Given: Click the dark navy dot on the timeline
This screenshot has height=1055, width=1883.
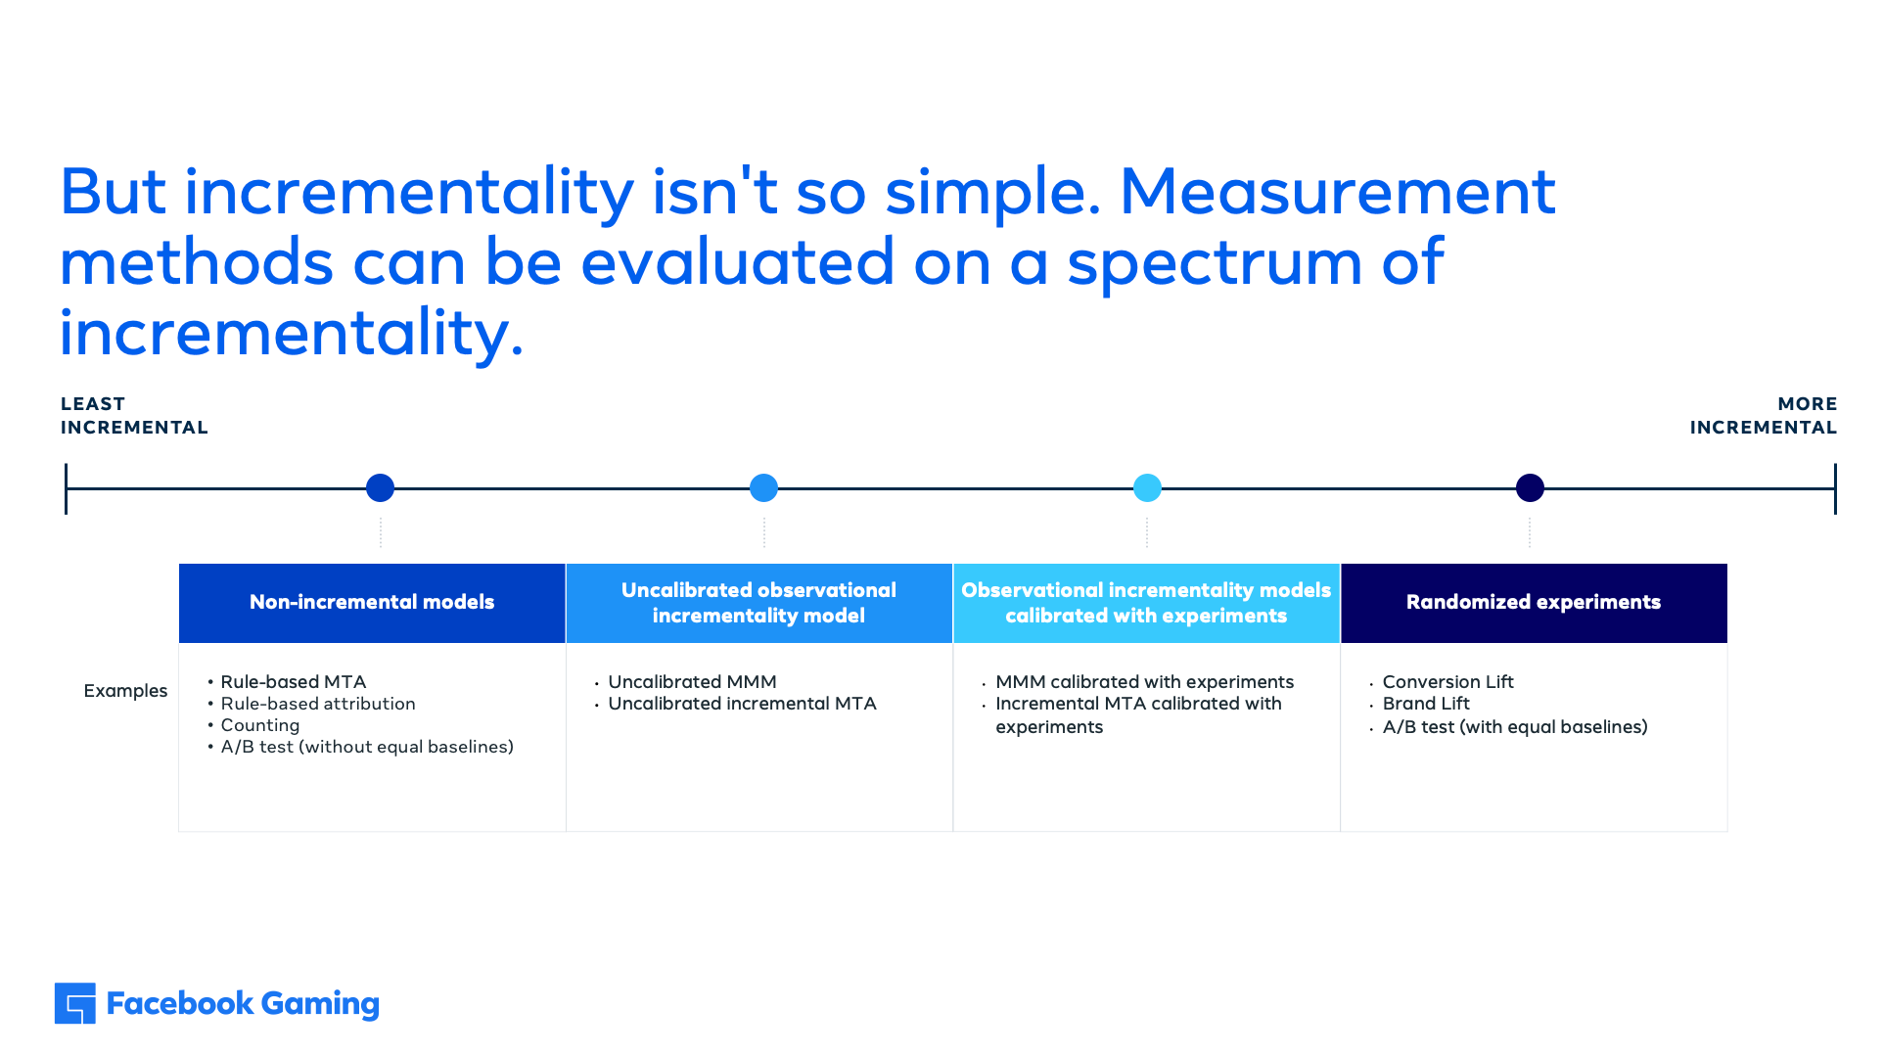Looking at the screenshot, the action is coord(1530,487).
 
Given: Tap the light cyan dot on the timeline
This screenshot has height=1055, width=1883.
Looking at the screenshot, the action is coord(1147,487).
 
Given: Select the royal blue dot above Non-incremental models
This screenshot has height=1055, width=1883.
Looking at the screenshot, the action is coord(380,487).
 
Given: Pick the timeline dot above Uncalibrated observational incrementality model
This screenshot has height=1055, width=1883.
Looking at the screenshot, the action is coord(763,487).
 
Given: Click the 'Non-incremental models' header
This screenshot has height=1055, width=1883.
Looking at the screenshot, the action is coord(372,603).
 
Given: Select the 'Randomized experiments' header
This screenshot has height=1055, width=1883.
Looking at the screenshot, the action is coord(1534,603).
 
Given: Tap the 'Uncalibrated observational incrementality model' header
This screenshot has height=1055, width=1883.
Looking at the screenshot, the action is coord(759,603).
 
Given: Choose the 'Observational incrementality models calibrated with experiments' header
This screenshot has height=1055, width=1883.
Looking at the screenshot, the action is coord(1146,603).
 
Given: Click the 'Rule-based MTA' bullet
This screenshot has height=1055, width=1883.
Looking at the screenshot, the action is coord(293,681).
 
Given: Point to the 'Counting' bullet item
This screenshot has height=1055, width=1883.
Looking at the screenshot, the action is coord(260,725).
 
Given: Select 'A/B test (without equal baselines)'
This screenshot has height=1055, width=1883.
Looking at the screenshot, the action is coord(367,747).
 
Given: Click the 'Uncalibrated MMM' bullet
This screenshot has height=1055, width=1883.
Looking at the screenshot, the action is coord(692,681).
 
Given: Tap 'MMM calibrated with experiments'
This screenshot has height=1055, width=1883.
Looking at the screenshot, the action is coord(1144,681).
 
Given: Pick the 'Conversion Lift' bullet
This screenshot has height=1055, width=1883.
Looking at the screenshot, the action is coord(1447,681).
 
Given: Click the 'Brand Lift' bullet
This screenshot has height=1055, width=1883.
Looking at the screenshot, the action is coord(1426,704).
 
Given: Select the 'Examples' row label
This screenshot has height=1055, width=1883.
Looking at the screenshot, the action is coord(125,691).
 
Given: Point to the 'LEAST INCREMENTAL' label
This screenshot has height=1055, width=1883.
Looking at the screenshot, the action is coord(134,416).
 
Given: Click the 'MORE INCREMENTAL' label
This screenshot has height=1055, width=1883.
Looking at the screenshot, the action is coord(1764,416).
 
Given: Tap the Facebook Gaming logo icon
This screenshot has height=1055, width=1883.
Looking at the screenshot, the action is coord(75,1003).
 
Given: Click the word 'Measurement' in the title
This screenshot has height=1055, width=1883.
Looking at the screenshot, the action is coord(1337,191).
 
